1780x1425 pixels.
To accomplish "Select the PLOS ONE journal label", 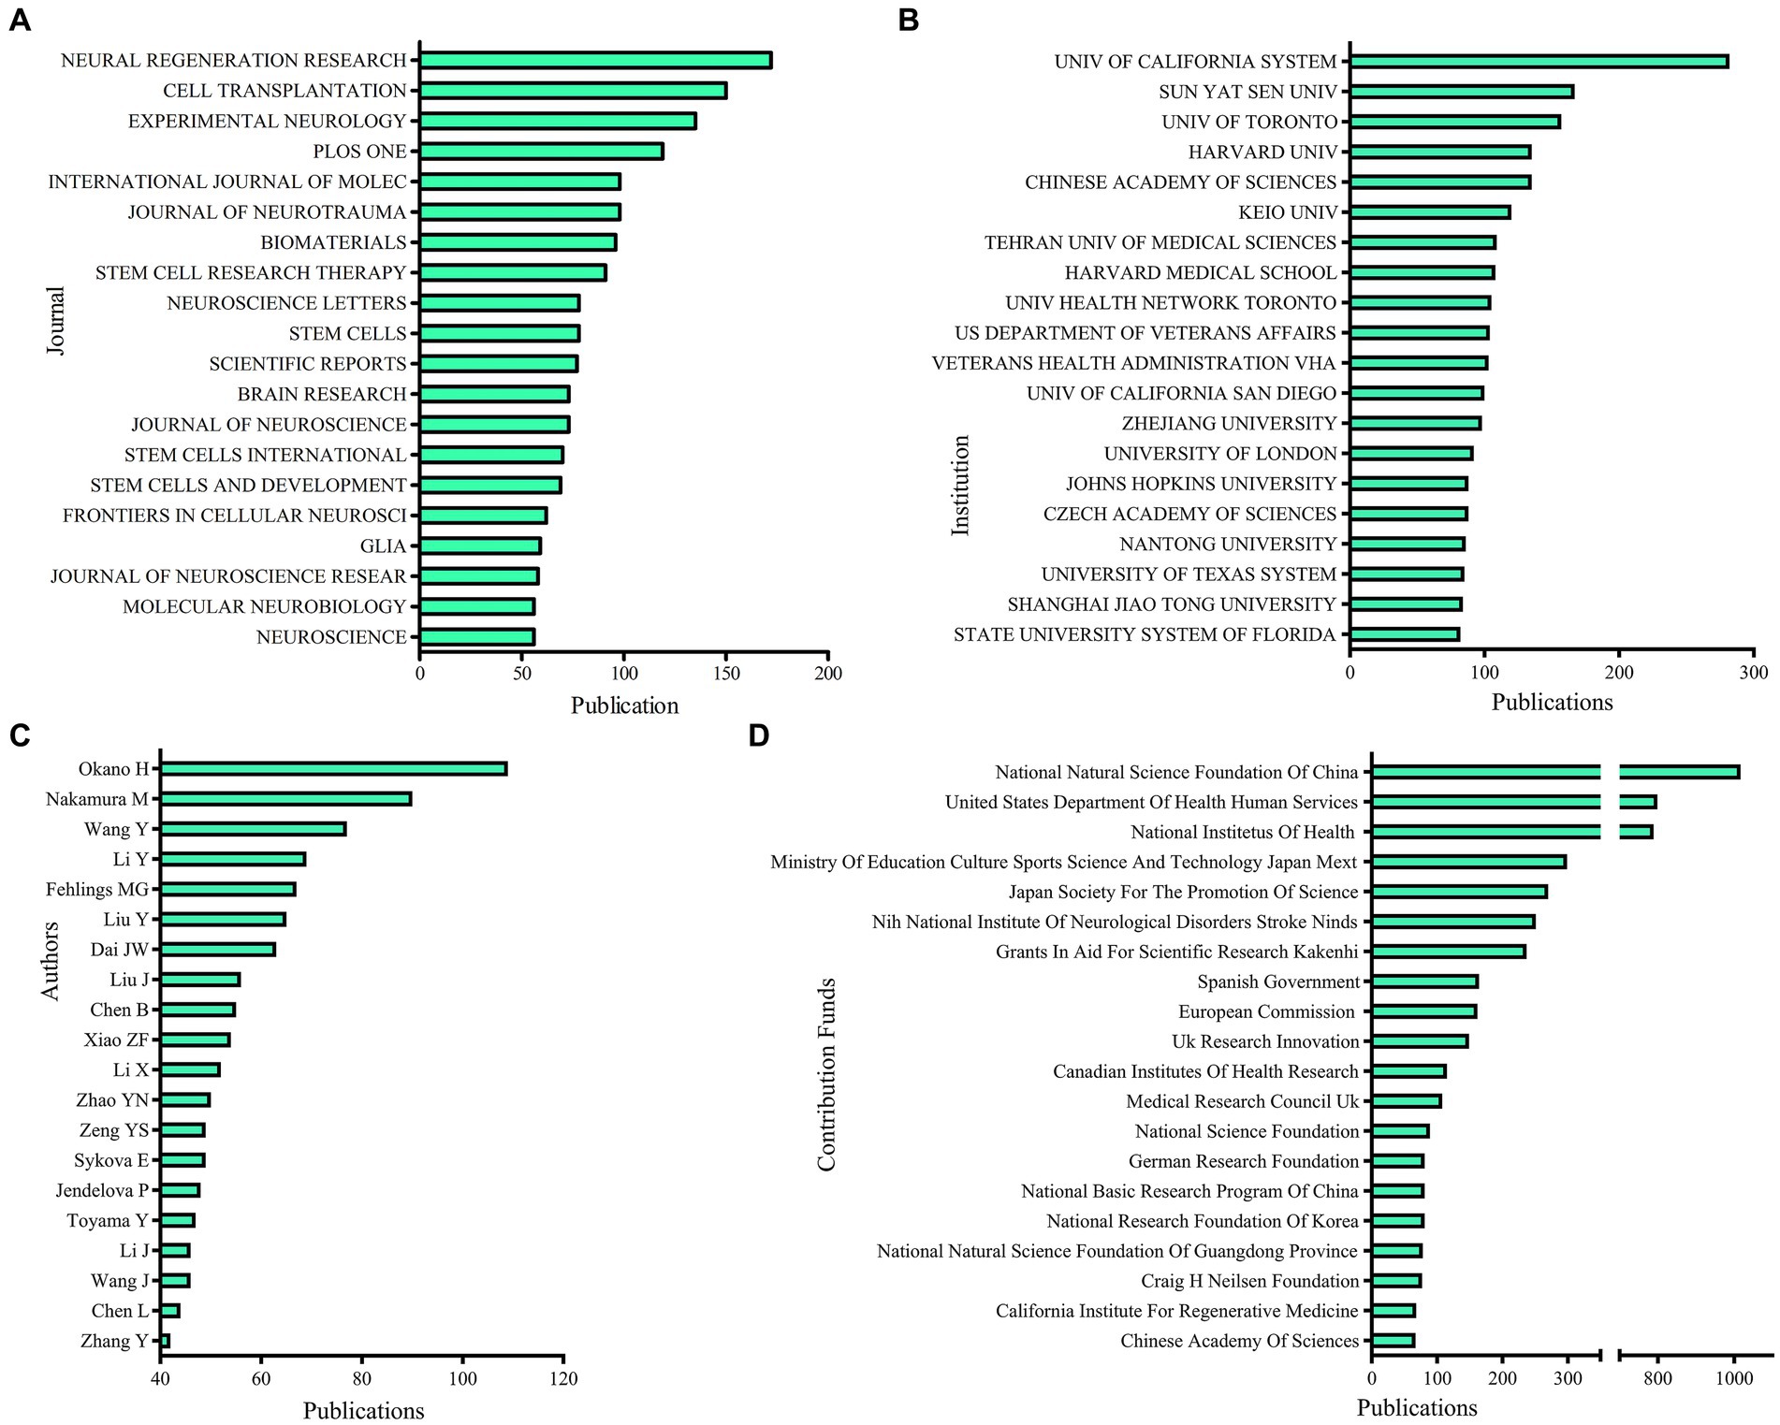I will pos(359,152).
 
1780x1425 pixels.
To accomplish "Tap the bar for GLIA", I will pos(480,545).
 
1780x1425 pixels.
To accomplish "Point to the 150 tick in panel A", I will pos(726,673).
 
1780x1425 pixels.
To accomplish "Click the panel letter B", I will pos(908,20).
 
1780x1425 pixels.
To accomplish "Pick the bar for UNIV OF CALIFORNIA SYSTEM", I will pos(1539,62).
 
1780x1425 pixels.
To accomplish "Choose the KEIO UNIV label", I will pos(1288,212).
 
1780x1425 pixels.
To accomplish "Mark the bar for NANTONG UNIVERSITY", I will pos(1407,544).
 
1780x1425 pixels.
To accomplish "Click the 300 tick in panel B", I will pos(1754,672).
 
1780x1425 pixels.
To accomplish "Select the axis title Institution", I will pos(960,486).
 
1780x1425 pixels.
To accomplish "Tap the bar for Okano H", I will pos(333,769).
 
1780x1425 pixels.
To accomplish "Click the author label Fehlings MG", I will pos(97,889).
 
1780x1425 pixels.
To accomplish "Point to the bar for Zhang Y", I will pos(165,1341).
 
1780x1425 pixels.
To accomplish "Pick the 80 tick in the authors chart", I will pos(361,1378).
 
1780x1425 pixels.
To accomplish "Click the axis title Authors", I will pos(51,961).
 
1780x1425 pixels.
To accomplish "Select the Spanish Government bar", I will pos(1424,982).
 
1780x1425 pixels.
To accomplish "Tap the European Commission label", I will pos(1265,1011).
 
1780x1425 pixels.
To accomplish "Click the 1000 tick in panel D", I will pos(1734,1377).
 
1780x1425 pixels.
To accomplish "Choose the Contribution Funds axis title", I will pos(825,1074).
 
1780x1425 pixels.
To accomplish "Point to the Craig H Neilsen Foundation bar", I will pos(1396,1281).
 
